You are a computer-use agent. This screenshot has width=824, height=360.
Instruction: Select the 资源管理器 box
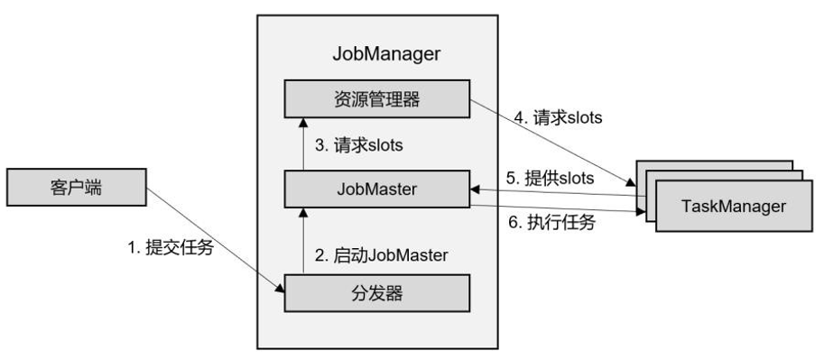(377, 98)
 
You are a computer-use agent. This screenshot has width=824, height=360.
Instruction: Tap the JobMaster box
(377, 190)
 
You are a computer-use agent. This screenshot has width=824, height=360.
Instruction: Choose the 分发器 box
(377, 293)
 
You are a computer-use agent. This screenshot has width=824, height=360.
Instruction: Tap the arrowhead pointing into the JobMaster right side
(476, 189)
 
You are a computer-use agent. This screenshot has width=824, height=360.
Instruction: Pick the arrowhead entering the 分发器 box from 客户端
(279, 287)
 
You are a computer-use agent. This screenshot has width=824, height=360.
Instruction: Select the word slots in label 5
(576, 178)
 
